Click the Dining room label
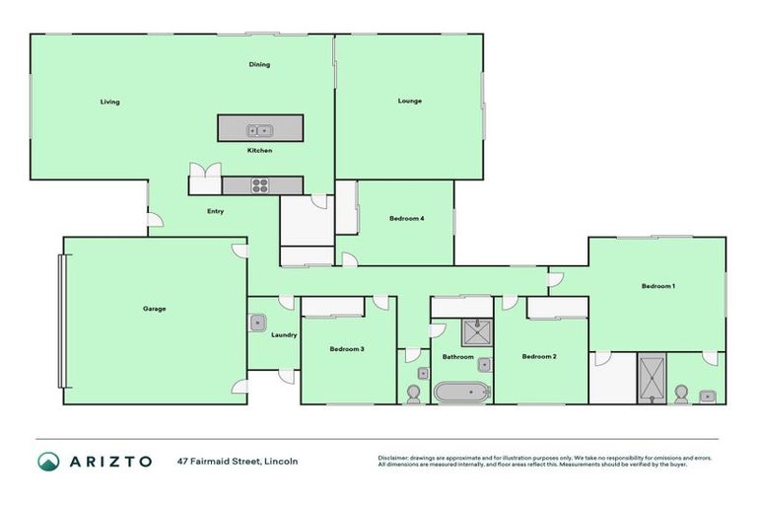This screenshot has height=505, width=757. pos(259,65)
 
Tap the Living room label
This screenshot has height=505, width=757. pos(109,102)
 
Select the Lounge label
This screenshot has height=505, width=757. pos(410,101)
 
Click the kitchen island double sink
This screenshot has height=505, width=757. pos(259,129)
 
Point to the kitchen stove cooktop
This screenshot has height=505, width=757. pos(260,184)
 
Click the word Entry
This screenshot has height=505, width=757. pos(215,211)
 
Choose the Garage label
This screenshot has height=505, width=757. pos(154,309)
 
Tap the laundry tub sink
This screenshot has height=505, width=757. pos(258,322)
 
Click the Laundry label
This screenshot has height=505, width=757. pos(284,335)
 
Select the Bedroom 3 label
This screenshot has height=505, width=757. pos(347,349)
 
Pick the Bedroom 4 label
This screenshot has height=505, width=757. pos(406,218)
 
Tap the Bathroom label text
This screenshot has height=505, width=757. pos(457,356)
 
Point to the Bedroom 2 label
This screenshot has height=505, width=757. pos(539,356)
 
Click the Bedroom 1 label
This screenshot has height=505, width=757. pos(658,286)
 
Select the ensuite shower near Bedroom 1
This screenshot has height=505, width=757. pos(652,378)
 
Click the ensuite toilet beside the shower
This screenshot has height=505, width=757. pos(680,393)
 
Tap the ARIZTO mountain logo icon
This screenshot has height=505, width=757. pos(47,461)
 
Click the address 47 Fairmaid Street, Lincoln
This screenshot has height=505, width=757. pos(238,461)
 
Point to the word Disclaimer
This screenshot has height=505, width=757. pos(394,458)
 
